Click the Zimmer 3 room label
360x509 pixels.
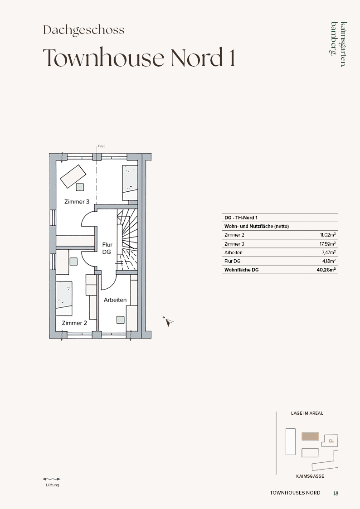tap(77, 202)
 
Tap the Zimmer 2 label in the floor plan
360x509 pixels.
tap(74, 323)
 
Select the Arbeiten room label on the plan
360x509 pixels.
tap(115, 300)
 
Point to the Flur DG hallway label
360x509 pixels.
tap(107, 248)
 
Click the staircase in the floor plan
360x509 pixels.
tap(127, 239)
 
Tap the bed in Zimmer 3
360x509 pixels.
tap(130, 183)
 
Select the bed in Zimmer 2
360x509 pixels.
tap(64, 298)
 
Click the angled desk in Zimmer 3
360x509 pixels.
tap(73, 176)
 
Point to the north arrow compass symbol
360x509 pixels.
tap(168, 321)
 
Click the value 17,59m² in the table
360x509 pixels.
tap(327, 243)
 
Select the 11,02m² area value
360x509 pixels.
tap(328, 235)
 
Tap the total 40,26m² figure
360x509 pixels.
tap(326, 269)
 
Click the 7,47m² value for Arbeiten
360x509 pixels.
tap(329, 252)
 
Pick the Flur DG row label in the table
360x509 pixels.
tap(233, 261)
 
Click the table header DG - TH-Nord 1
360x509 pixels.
tap(241, 218)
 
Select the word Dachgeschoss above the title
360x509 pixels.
tap(84, 30)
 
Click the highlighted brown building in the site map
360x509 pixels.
tap(310, 436)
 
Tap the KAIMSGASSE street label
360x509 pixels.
tap(310, 476)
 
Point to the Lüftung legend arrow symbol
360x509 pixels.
tap(52, 479)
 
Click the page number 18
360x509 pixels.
tap(336, 493)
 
